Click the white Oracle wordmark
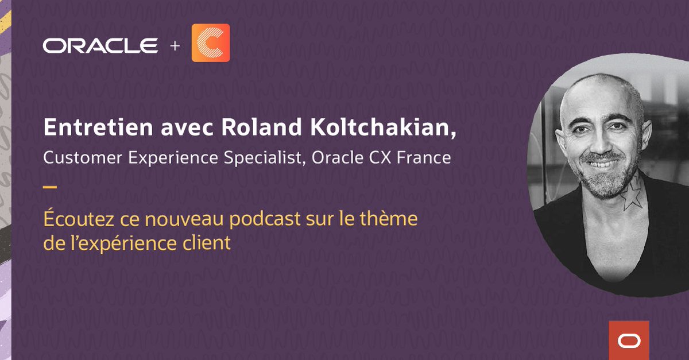click(x=100, y=45)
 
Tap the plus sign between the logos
click(x=175, y=45)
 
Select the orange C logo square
click(x=210, y=42)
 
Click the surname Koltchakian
click(x=377, y=129)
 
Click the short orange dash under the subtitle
click(x=50, y=187)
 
